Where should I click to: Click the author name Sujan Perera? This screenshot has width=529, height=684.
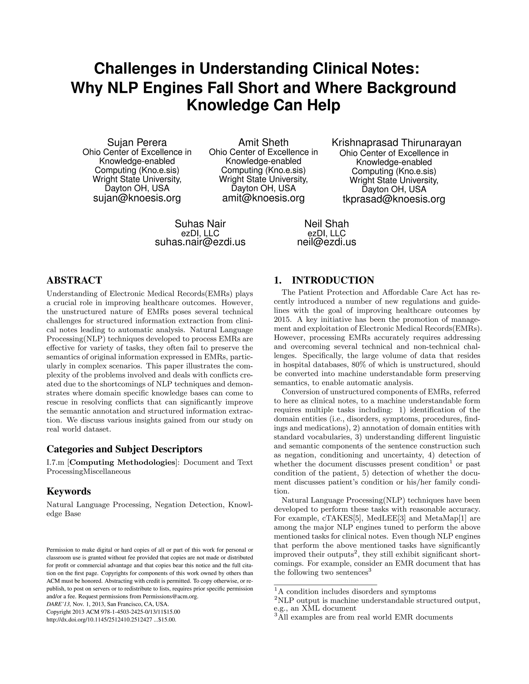click(x=137, y=142)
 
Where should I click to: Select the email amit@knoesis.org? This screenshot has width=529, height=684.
click(x=263, y=198)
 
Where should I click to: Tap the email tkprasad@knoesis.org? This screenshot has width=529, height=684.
click(x=394, y=199)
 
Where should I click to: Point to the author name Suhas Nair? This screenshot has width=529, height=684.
click(x=200, y=224)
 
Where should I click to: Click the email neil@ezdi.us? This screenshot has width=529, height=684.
click(x=326, y=242)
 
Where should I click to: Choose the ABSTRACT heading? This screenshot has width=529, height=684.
click(x=74, y=280)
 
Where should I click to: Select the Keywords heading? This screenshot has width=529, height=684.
click(x=69, y=491)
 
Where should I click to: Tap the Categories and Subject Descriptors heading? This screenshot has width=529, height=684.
click(x=125, y=449)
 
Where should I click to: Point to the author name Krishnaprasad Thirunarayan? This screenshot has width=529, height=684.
click(x=396, y=143)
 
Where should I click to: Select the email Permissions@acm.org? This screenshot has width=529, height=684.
click(x=170, y=596)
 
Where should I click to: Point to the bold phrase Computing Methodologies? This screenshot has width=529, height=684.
click(x=142, y=463)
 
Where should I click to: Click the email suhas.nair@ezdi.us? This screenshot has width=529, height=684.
click(x=200, y=242)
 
